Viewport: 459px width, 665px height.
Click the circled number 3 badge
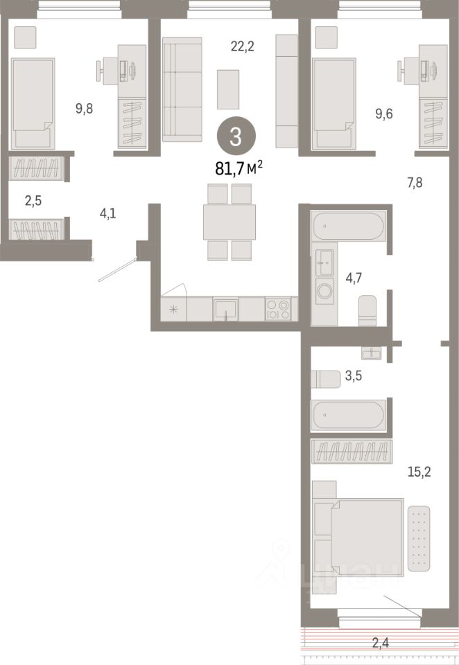[236, 136]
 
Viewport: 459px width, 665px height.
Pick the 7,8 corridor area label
[416, 183]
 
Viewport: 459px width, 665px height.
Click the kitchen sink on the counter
[226, 308]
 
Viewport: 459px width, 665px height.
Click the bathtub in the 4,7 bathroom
[347, 227]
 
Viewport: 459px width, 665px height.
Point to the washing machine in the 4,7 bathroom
[324, 291]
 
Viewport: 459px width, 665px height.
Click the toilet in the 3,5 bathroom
[326, 379]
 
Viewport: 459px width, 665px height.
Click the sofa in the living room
[182, 89]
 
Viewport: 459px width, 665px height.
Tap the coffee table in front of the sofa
[228, 89]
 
